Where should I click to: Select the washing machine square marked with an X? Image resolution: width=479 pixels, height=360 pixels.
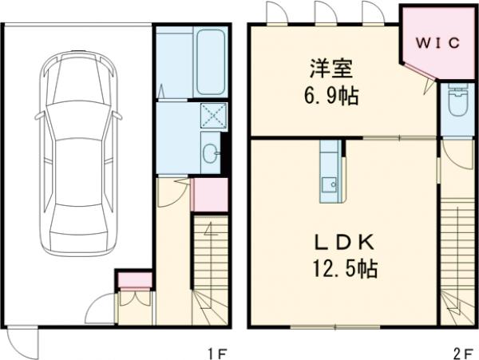click(x=213, y=117)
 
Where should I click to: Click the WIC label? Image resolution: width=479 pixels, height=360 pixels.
click(x=436, y=43)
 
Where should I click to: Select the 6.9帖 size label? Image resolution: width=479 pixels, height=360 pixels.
click(x=328, y=97)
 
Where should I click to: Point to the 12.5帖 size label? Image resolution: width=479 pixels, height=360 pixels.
click(x=342, y=269)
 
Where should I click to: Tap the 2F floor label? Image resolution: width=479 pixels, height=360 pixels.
click(x=463, y=350)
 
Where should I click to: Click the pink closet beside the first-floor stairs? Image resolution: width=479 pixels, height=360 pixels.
click(x=209, y=196)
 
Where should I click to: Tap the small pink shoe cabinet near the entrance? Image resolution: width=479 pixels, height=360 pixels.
click(x=134, y=279)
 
